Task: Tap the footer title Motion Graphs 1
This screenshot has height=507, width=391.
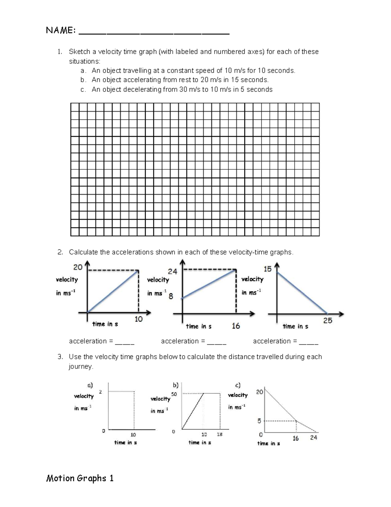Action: (80, 479)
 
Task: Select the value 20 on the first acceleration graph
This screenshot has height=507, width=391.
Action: (78, 267)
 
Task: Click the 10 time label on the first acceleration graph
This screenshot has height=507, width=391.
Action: (138, 319)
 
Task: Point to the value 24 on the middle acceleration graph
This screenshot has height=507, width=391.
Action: (172, 272)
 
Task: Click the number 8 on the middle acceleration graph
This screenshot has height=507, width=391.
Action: (171, 296)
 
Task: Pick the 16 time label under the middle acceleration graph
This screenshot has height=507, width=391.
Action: (236, 326)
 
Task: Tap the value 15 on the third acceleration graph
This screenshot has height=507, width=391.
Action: (267, 269)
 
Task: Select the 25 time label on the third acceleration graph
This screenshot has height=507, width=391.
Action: (327, 321)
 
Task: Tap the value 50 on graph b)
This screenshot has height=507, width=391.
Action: (174, 394)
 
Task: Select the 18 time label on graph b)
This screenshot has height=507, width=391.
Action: (220, 435)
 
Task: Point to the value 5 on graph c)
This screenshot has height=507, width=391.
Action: (259, 421)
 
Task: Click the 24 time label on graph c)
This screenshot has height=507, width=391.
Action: (313, 437)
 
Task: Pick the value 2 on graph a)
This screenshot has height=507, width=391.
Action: (100, 392)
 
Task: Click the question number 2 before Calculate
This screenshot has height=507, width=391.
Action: (60, 252)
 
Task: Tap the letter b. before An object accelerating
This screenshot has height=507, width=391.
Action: (83, 80)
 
